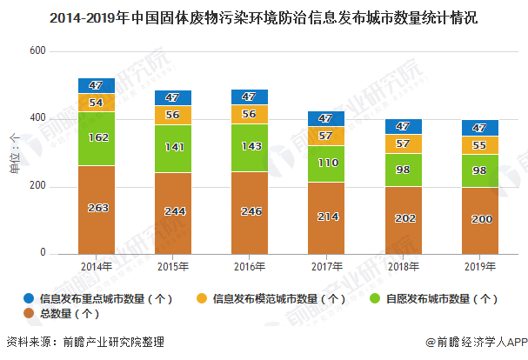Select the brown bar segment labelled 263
(x=97, y=209)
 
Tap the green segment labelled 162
(x=97, y=137)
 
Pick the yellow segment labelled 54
(x=97, y=103)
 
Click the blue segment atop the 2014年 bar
(x=97, y=85)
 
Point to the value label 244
(x=173, y=210)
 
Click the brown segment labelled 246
(x=250, y=211)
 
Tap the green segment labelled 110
(x=326, y=163)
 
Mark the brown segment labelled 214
(x=326, y=217)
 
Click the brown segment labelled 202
(x=403, y=219)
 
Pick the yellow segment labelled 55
(x=479, y=145)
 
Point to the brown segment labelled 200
(x=479, y=220)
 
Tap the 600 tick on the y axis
(x=37, y=52)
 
